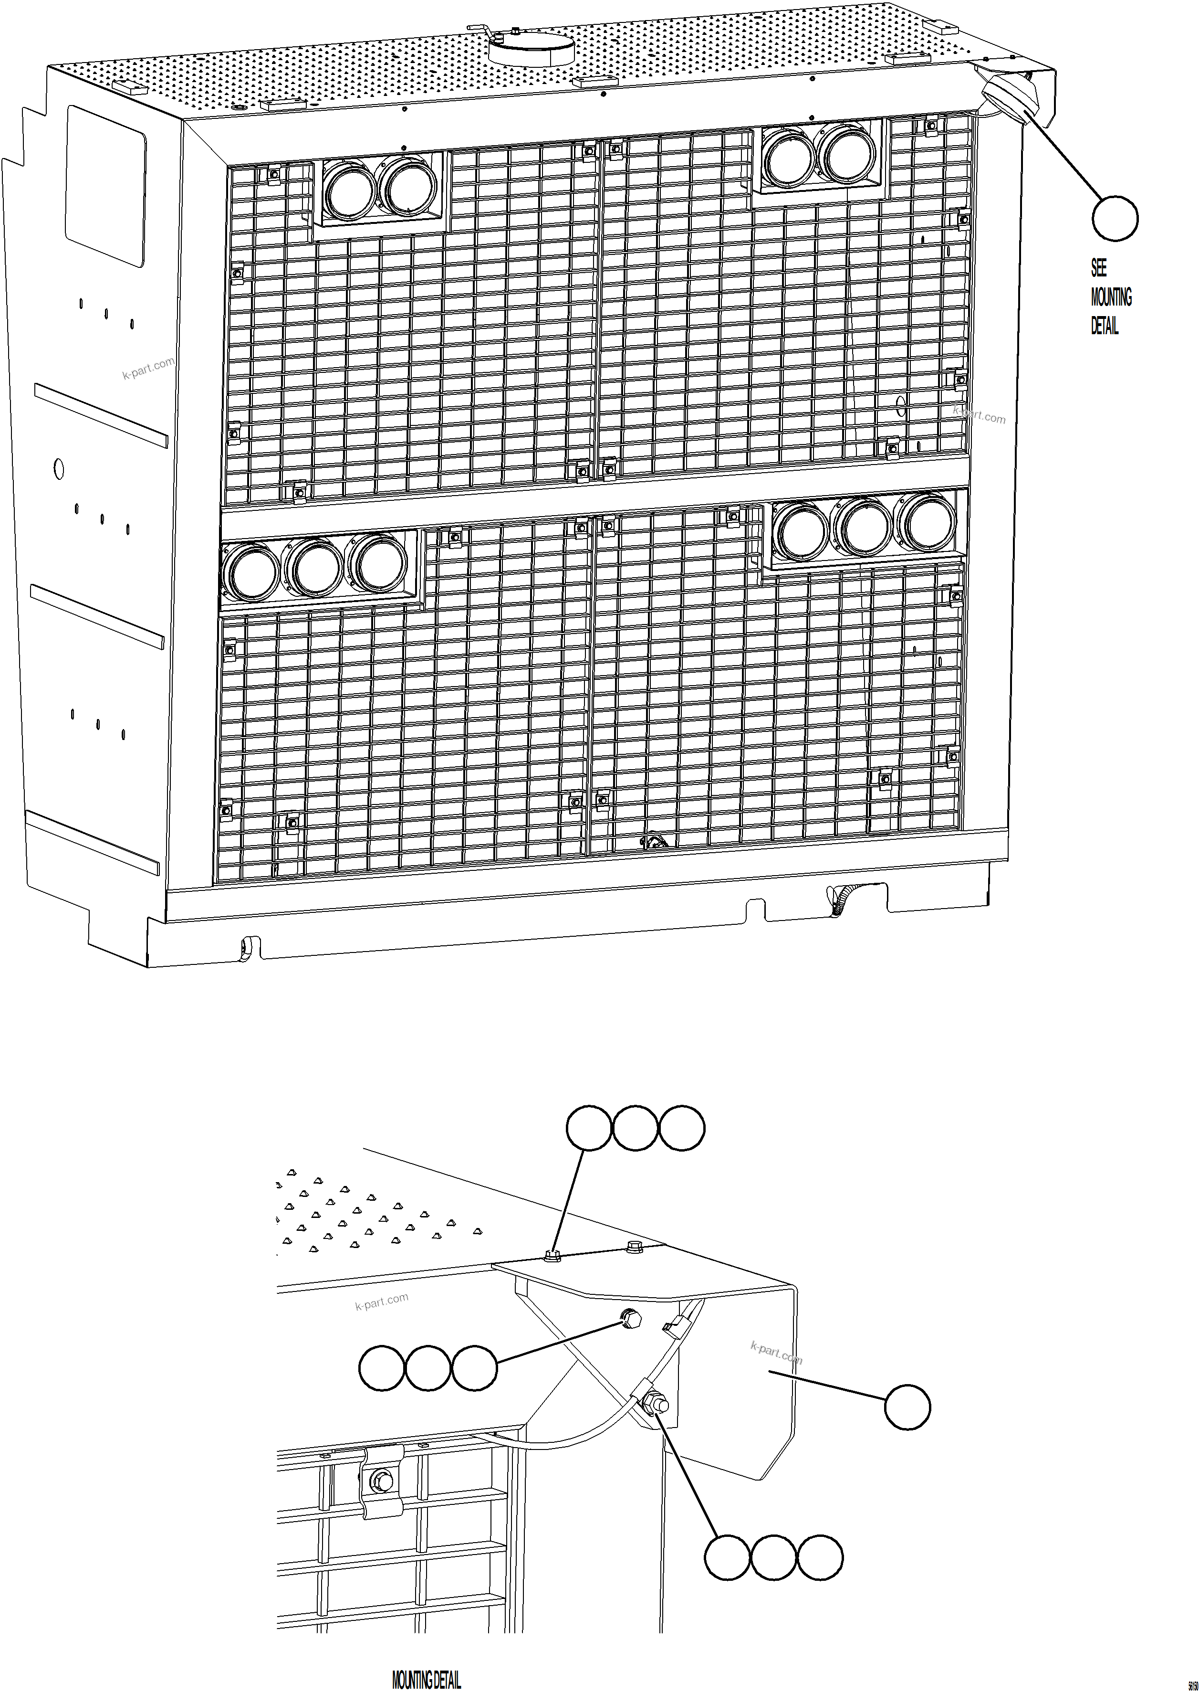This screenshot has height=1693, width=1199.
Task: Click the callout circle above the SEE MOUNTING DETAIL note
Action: click(x=1114, y=219)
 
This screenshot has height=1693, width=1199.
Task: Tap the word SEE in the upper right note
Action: click(x=1099, y=267)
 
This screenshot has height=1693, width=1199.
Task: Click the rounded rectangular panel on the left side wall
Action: click(x=106, y=185)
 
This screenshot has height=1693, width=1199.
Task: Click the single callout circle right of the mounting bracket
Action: click(x=907, y=1407)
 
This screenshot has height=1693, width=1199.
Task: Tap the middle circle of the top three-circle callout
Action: click(x=635, y=1128)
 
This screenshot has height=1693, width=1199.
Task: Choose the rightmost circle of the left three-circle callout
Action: click(x=474, y=1368)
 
